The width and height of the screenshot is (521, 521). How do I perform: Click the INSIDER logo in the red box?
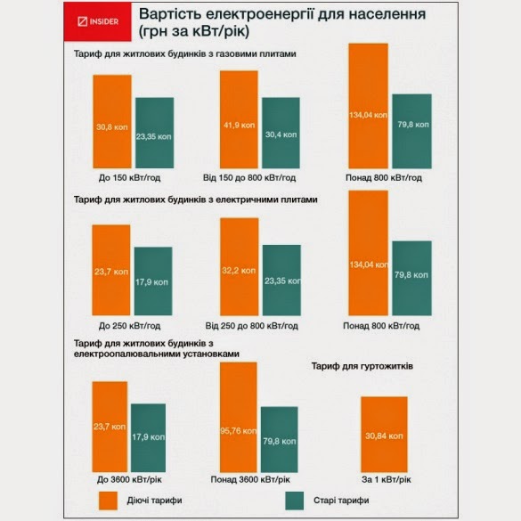pyautogui.click(x=98, y=21)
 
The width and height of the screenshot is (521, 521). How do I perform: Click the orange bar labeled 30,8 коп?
pyautogui.click(x=112, y=122)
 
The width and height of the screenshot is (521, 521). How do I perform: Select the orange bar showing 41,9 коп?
pyautogui.click(x=239, y=119)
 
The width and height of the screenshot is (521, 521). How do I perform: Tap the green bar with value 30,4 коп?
pyautogui.click(x=281, y=133)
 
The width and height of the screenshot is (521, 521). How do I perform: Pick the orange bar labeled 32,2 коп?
pyautogui.click(x=240, y=267)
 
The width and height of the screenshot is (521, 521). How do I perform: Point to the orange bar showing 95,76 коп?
pyautogui.click(x=239, y=418)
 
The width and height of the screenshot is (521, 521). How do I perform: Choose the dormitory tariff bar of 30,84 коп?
pyautogui.click(x=384, y=435)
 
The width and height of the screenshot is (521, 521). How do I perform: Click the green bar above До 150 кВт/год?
pyautogui.click(x=154, y=133)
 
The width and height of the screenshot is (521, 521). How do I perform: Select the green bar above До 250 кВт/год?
pyautogui.click(x=153, y=281)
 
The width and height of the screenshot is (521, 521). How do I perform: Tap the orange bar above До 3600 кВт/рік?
pyautogui.click(x=110, y=427)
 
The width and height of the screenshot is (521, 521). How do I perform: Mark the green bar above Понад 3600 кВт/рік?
pyautogui.click(x=280, y=439)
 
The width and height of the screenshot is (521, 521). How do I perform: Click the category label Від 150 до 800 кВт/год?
pyautogui.click(x=249, y=178)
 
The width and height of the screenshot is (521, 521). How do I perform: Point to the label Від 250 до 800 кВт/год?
pyautogui.click(x=251, y=326)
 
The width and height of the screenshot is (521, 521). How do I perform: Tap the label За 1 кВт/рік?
pyautogui.click(x=387, y=479)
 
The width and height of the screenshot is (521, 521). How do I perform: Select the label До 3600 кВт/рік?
pyautogui.click(x=129, y=479)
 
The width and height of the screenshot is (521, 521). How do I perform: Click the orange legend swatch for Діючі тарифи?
pyautogui.click(x=108, y=501)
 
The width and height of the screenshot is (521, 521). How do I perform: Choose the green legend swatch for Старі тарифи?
pyautogui.click(x=295, y=501)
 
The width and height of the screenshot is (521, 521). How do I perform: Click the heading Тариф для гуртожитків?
pyautogui.click(x=362, y=366)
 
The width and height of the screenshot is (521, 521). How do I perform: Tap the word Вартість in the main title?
pyautogui.click(x=170, y=14)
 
